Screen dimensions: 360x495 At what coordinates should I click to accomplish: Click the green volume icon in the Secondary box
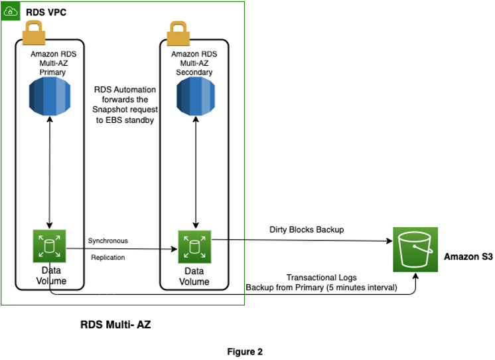click(x=194, y=246)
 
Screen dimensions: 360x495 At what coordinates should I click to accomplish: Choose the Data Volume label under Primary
click(x=49, y=276)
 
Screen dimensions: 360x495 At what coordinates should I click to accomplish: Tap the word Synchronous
click(x=107, y=240)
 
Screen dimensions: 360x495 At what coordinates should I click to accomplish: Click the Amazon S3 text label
click(x=468, y=256)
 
